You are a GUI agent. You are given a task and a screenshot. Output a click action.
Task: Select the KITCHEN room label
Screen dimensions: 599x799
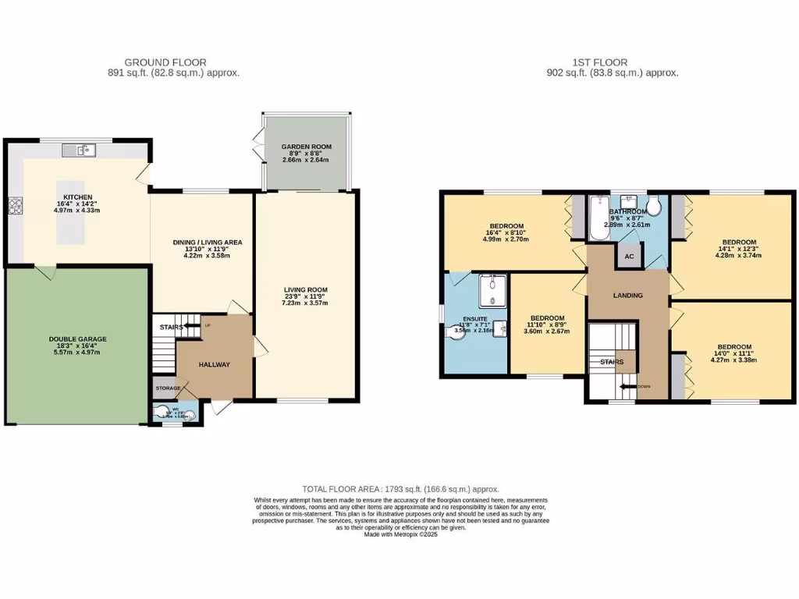78,197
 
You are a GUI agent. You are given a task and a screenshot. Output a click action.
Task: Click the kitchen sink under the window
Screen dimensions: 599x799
81,149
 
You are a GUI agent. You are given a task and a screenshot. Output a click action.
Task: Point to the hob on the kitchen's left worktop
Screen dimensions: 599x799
14,207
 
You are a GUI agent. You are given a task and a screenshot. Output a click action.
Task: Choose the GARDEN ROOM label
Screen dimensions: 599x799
307,147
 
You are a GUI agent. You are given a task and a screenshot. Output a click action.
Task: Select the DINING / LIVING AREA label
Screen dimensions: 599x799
208,243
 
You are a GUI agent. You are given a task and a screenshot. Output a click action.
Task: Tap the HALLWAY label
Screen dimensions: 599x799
214,364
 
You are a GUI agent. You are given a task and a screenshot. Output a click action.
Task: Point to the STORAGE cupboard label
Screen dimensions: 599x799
167,388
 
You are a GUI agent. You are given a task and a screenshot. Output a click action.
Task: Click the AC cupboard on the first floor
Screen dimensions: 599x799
628,255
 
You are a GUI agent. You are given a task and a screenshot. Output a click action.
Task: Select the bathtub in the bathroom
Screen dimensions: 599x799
598,218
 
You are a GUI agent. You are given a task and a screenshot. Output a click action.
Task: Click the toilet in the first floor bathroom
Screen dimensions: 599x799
655,207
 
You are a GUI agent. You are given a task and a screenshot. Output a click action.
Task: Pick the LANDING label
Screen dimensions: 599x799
627,296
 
